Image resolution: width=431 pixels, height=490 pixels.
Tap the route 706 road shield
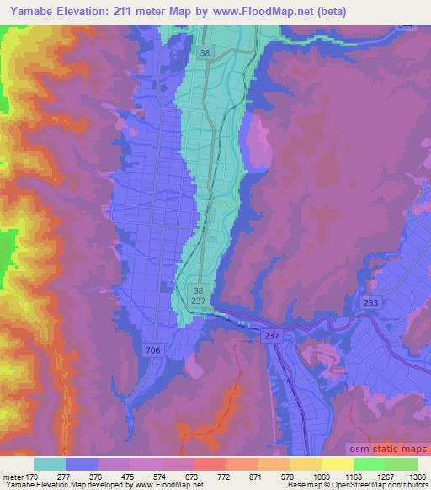(152, 349)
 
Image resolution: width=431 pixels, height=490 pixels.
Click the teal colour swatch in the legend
(50, 463)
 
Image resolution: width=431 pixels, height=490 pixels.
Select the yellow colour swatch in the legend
(337, 463)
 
